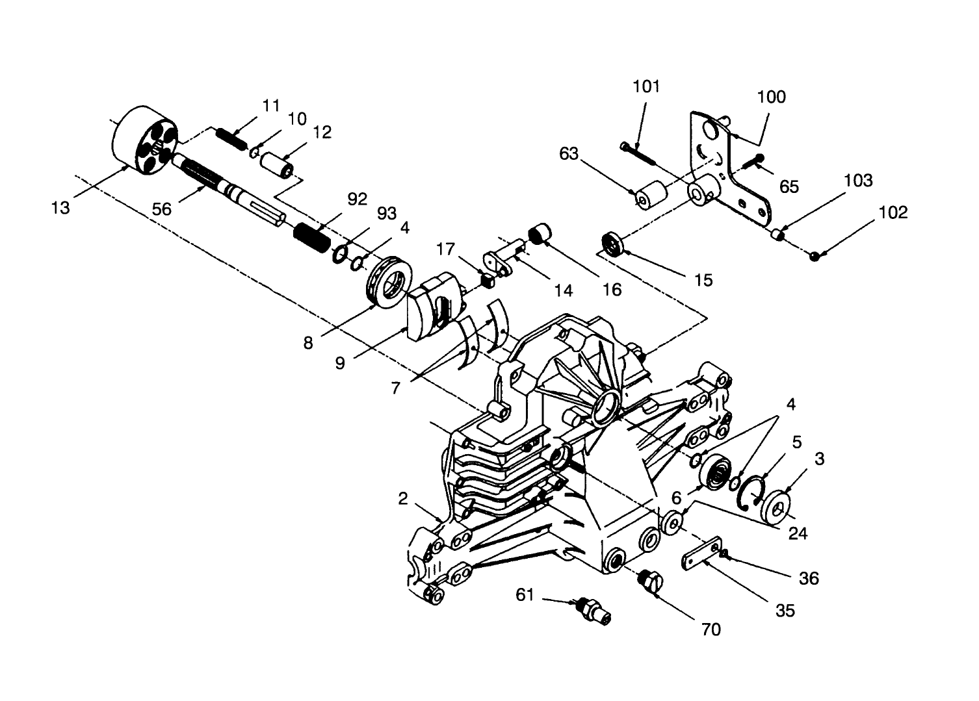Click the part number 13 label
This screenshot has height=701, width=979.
tap(60, 209)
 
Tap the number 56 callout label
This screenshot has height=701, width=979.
tap(163, 209)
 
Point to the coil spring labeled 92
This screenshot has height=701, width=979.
tap(313, 238)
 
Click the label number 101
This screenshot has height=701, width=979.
tap(646, 86)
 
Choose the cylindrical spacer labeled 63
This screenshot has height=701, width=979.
tap(651, 196)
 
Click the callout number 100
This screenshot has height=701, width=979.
tap(771, 97)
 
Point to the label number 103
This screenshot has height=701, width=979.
tap(858, 180)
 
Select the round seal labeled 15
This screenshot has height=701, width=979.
tap(612, 244)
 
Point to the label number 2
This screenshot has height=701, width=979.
tap(403, 498)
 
